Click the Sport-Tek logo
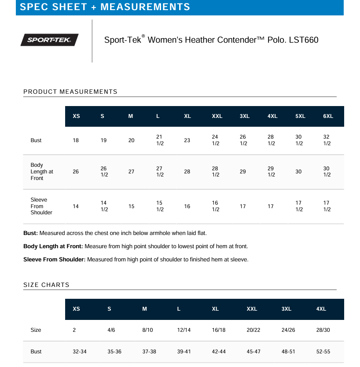coord(50,40)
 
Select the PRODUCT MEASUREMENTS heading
coord(70,92)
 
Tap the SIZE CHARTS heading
coord(46,285)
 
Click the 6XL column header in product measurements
coord(328,116)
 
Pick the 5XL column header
coord(300,116)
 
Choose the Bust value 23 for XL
coord(187,140)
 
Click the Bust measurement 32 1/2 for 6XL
coord(327,140)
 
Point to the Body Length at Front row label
coord(41,172)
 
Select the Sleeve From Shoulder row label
coord(41,206)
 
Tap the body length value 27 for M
coord(131,172)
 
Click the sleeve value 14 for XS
coord(76,206)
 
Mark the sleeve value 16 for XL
coord(187,206)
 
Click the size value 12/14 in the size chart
coord(184,330)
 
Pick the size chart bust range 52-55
coord(323,352)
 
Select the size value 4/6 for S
coord(111,330)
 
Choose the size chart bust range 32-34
coord(79,352)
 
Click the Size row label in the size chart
coord(36,330)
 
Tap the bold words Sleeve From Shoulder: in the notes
coord(54,260)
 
